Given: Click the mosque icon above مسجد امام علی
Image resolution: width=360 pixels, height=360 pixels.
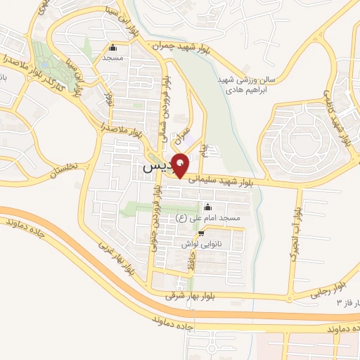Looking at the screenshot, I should [x=207, y=207].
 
